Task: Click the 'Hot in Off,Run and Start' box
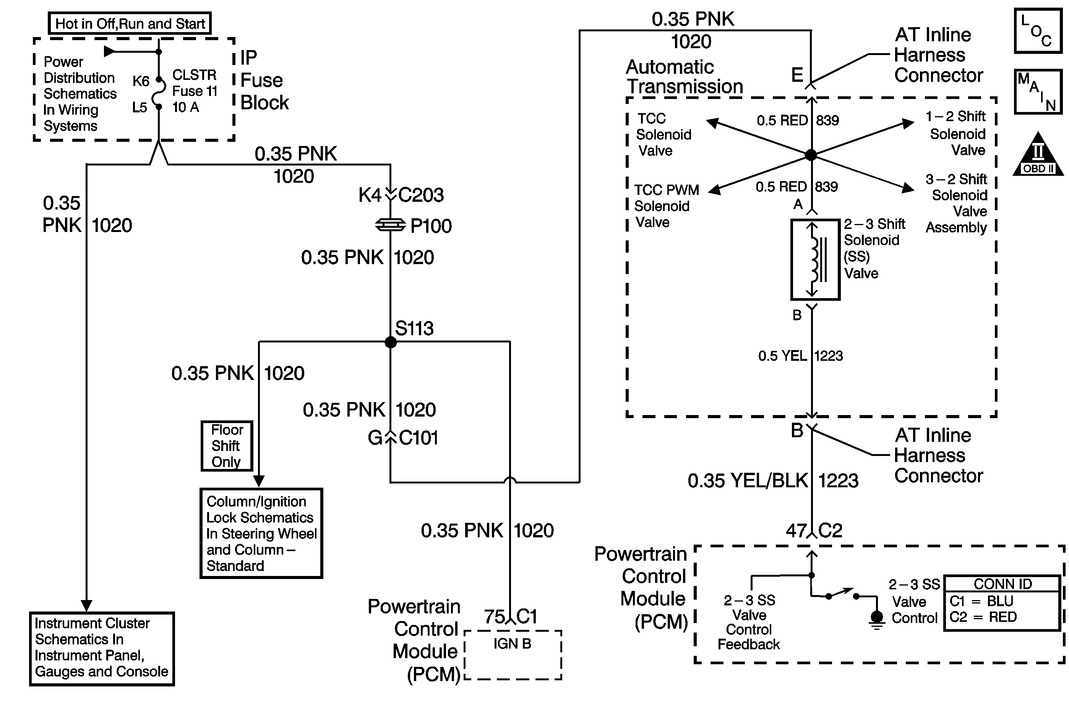[x=130, y=23]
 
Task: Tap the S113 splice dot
[x=391, y=342]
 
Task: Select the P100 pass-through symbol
[x=390, y=225]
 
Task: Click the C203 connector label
[x=421, y=195]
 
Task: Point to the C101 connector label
[x=418, y=438]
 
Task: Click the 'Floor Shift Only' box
[x=227, y=446]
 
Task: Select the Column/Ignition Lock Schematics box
[x=261, y=533]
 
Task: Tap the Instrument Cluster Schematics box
[x=102, y=648]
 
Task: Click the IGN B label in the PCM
[x=512, y=644]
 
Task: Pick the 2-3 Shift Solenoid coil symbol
[x=815, y=260]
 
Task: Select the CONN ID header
[x=1002, y=584]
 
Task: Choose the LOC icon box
[x=1038, y=31]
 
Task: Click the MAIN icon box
[x=1038, y=92]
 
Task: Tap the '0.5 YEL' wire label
[x=782, y=356]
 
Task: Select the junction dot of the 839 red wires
[x=811, y=155]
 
